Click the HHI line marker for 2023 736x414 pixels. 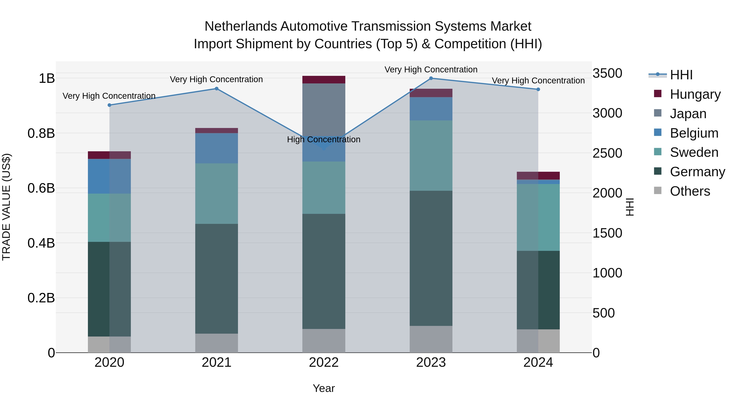pyautogui.click(x=431, y=78)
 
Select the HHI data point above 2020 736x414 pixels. pyautogui.click(x=109, y=105)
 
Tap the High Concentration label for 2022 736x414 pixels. pyautogui.click(x=323, y=139)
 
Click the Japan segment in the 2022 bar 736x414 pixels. pyautogui.click(x=324, y=109)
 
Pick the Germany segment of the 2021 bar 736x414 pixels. pyautogui.click(x=217, y=279)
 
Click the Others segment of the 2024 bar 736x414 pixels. pyautogui.click(x=538, y=341)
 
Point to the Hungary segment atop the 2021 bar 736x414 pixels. pyautogui.click(x=217, y=131)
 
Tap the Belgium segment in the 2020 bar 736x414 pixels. pyautogui.click(x=109, y=176)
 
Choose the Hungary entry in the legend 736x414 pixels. pyautogui.click(x=695, y=94)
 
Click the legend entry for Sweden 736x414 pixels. pyautogui.click(x=694, y=152)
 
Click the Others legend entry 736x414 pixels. pyautogui.click(x=690, y=191)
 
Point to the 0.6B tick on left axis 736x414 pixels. pyautogui.click(x=41, y=188)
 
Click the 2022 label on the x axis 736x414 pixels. pyautogui.click(x=323, y=362)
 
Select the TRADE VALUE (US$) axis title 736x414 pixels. pyautogui.click(x=6, y=207)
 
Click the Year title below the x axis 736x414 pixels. pyautogui.click(x=323, y=388)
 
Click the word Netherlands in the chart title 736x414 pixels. pyautogui.click(x=241, y=26)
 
